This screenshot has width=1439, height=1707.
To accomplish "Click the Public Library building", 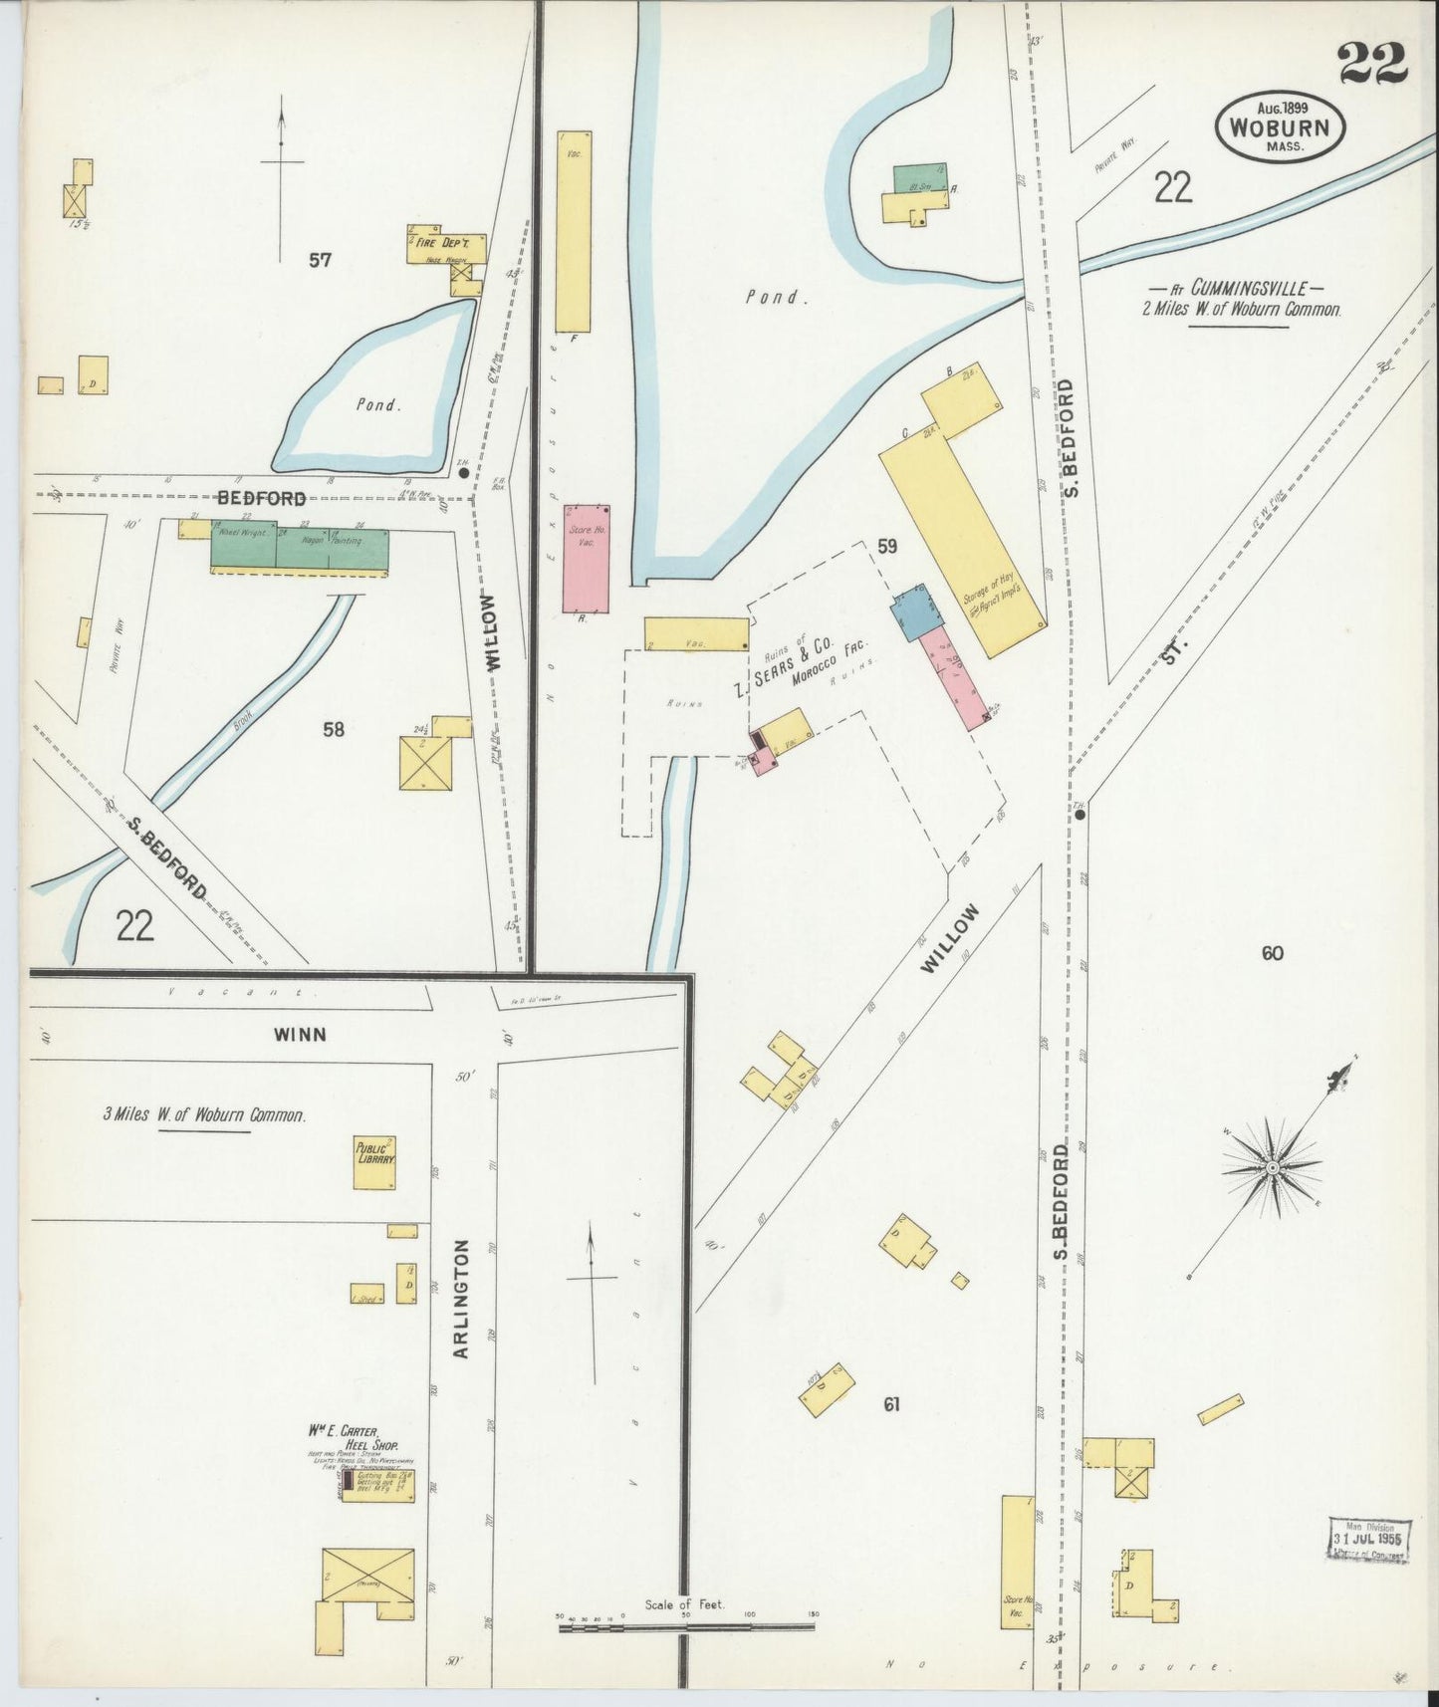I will [376, 1161].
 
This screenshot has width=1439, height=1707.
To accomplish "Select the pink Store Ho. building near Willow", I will [585, 558].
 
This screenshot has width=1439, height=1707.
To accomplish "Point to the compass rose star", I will [1272, 1166].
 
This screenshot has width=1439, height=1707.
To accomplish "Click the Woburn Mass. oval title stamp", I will [1280, 127].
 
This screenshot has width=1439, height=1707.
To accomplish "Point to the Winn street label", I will [299, 1034].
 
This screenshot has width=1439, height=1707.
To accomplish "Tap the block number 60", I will [1272, 953].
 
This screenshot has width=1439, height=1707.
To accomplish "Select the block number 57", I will [320, 260].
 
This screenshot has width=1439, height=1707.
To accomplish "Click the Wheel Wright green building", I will [242, 544].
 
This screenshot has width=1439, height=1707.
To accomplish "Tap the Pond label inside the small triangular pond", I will [377, 405].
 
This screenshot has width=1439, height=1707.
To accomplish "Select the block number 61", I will [891, 1404].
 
